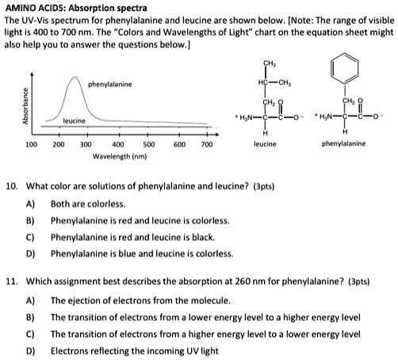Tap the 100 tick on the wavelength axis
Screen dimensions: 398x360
pyautogui.click(x=32, y=145)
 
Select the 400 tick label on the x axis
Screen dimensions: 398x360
pyautogui.click(x=118, y=145)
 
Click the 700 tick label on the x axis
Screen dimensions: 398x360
pyautogui.click(x=208, y=145)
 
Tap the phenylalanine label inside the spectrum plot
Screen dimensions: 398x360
pyautogui.click(x=110, y=84)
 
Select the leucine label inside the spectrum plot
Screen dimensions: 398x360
pyautogui.click(x=75, y=120)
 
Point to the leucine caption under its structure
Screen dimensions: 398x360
pyautogui.click(x=265, y=144)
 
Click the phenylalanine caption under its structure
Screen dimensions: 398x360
pyautogui.click(x=343, y=144)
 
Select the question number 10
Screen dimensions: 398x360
pyautogui.click(x=12, y=186)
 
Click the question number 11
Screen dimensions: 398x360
pyautogui.click(x=12, y=281)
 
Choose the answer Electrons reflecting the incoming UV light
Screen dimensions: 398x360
pyautogui.click(x=132, y=350)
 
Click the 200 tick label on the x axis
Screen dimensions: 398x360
pyautogui.click(x=59, y=145)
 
